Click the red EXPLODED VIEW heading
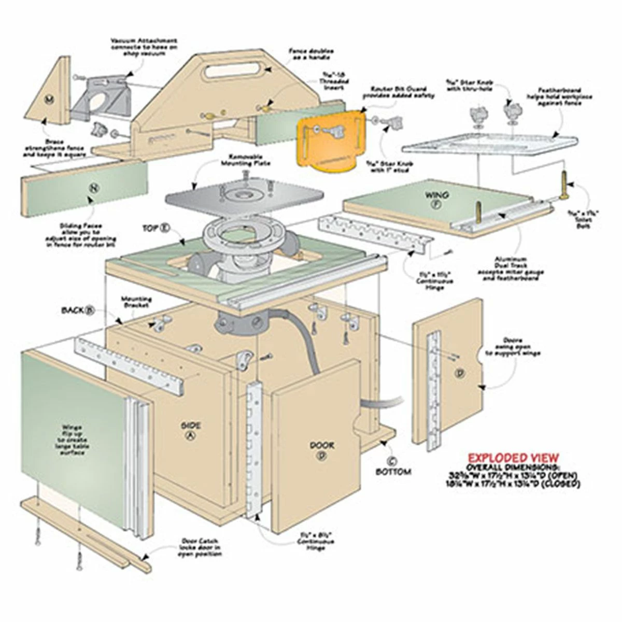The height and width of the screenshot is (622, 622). [x=513, y=458]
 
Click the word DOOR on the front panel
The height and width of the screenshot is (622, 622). [x=322, y=445]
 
